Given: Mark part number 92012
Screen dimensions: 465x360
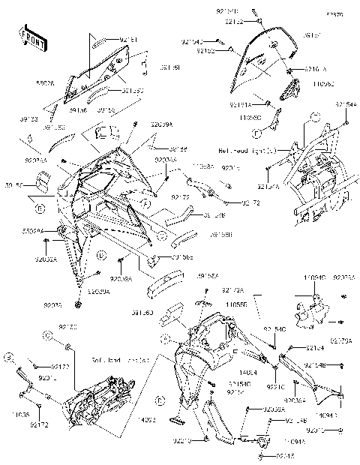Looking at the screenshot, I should click(x=337, y=430).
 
